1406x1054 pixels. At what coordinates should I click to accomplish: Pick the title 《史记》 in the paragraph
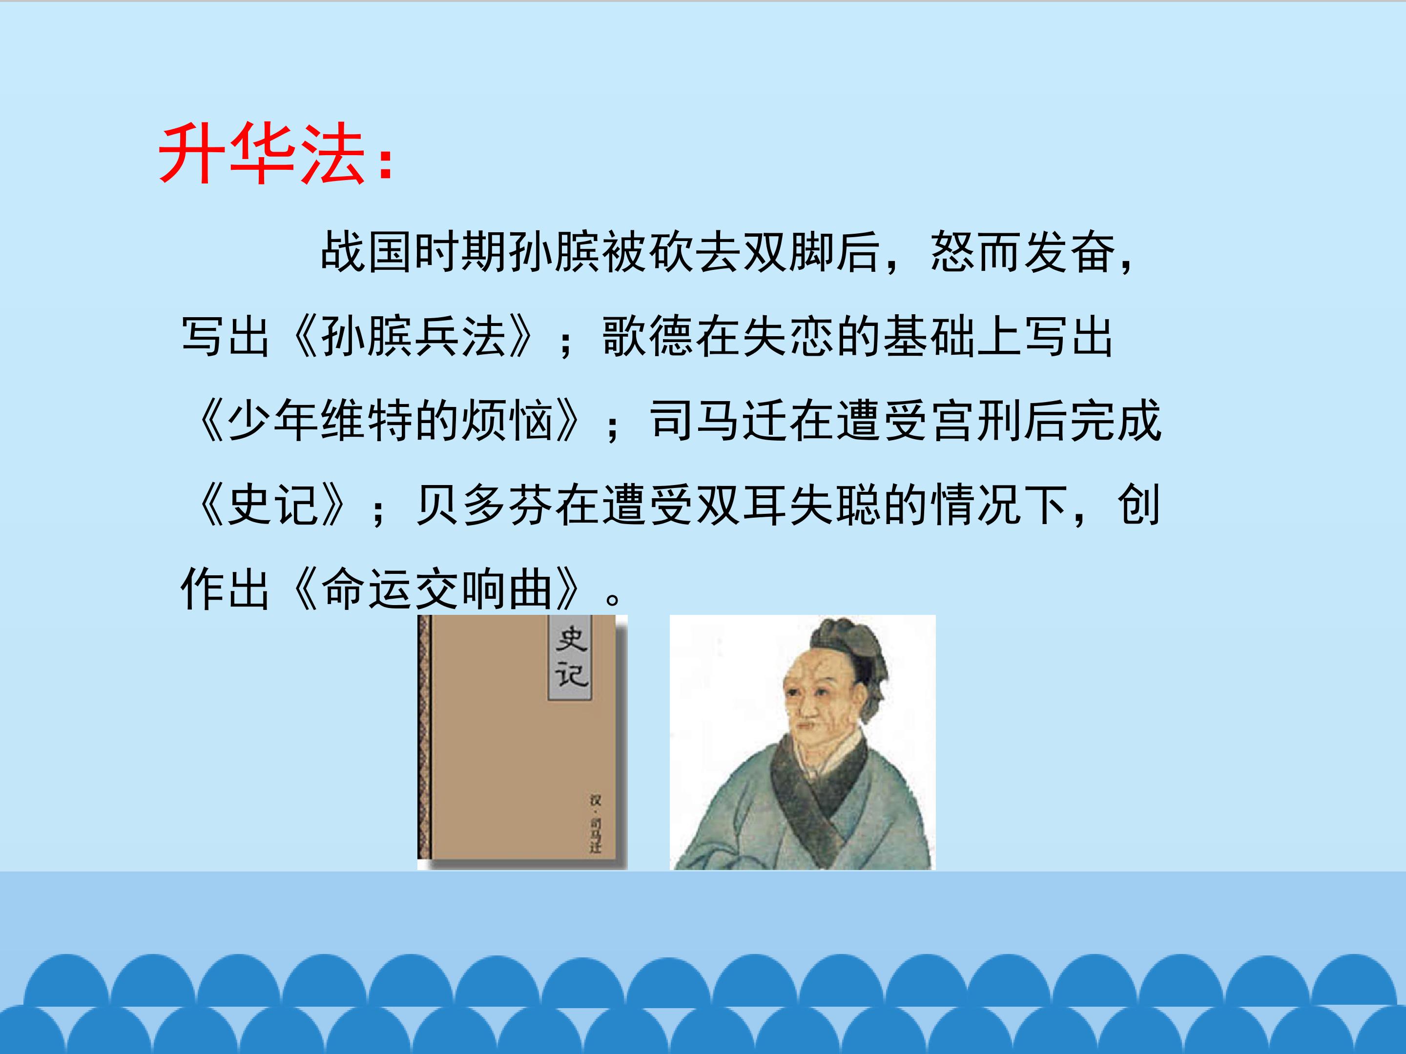[x=273, y=505]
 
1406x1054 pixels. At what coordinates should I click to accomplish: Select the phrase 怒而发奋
[x=1023, y=252]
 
